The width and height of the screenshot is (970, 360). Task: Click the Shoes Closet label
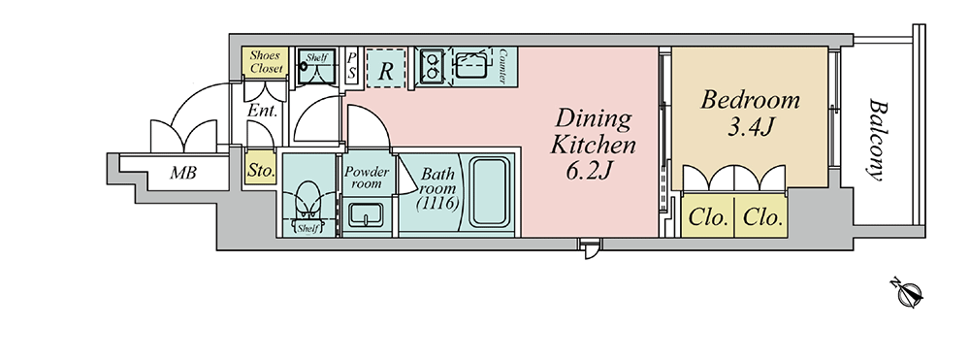point(266,62)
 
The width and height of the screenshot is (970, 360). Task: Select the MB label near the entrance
point(183,173)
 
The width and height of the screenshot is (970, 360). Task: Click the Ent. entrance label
point(262,112)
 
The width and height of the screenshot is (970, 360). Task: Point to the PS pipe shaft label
point(351,66)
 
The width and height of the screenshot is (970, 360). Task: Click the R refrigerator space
point(386,67)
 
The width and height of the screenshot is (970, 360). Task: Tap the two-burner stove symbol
point(432,66)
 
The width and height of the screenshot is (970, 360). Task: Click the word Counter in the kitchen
point(501,66)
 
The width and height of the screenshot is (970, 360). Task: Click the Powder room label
point(367,178)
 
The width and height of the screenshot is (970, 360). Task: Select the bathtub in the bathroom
point(490,192)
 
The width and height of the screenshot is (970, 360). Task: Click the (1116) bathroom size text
point(437,203)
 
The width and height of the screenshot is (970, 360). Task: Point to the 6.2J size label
point(589,170)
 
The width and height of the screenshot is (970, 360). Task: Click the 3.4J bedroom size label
point(749,127)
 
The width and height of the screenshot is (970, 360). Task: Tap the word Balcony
point(876,139)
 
